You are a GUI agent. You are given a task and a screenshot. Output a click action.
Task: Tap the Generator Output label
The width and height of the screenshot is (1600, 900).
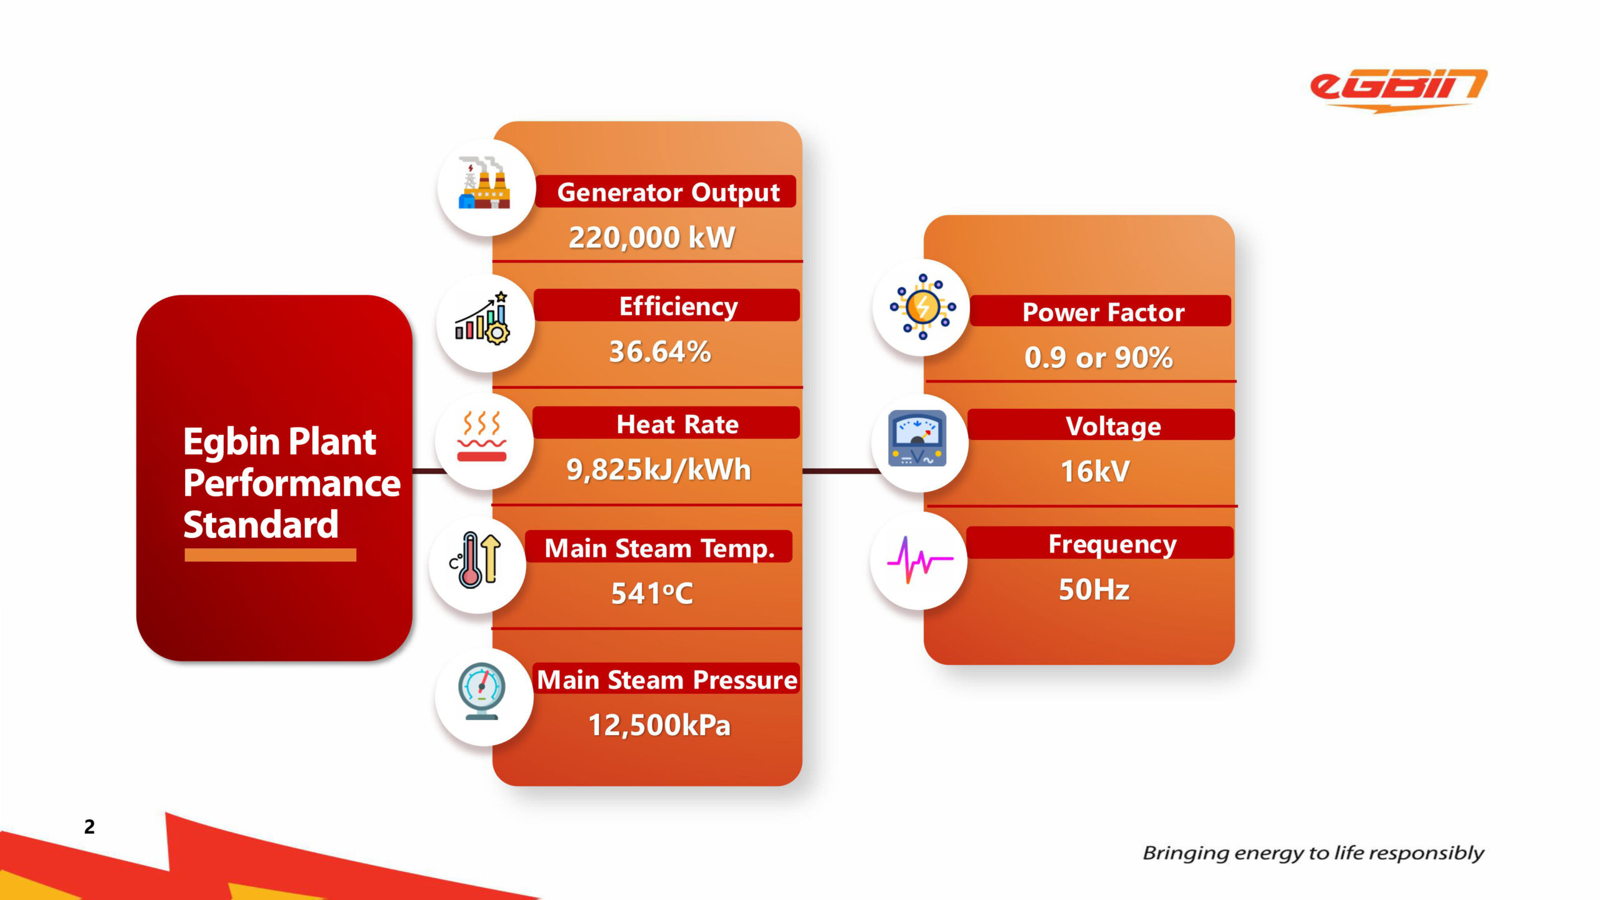[x=668, y=192]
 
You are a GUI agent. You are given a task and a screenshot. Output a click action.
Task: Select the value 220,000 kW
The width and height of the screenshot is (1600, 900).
[x=651, y=237]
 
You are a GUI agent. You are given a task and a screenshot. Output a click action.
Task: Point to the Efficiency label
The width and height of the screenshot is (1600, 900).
[x=678, y=306]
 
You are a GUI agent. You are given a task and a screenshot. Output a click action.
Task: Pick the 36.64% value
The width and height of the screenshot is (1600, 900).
[x=660, y=351]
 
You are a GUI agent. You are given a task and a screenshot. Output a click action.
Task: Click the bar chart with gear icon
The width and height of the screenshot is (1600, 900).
[x=482, y=317]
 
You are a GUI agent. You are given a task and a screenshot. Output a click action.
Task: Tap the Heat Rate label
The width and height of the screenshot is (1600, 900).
[x=677, y=424]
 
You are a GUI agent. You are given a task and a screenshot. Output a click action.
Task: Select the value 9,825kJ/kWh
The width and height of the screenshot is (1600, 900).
[x=658, y=469]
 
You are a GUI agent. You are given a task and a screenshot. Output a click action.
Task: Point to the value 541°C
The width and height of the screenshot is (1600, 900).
[x=652, y=593]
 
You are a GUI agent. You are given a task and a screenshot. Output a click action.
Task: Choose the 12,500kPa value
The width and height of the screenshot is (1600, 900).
[x=659, y=725]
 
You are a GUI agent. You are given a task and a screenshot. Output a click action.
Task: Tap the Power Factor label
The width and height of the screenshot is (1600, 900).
[x=1103, y=312]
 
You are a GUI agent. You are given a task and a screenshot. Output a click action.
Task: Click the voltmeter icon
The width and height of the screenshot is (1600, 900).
[x=917, y=439]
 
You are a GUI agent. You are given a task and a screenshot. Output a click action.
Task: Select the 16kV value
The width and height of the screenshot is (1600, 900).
[x=1095, y=471]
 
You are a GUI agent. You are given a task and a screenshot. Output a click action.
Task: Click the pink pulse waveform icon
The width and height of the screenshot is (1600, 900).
[x=920, y=560]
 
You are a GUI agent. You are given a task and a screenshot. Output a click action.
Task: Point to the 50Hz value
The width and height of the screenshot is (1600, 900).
[x=1094, y=589]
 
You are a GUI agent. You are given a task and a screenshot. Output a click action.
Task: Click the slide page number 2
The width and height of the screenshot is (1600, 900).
[x=89, y=827]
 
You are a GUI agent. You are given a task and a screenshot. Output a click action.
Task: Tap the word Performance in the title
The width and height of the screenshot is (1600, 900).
[x=292, y=483]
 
